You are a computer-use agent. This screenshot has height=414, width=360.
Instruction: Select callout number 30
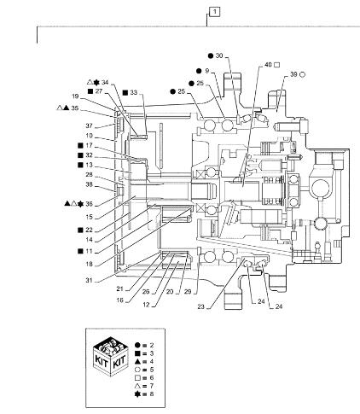pyautogui.click(x=219, y=55)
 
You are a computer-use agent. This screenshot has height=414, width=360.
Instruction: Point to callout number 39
pyautogui.click(x=296, y=75)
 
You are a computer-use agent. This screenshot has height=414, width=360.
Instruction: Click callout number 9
pyautogui.click(x=206, y=71)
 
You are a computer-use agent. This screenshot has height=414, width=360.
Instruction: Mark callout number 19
pyautogui.click(x=76, y=96)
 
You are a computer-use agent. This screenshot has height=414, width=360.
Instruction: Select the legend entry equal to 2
pyautogui.click(x=149, y=342)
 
